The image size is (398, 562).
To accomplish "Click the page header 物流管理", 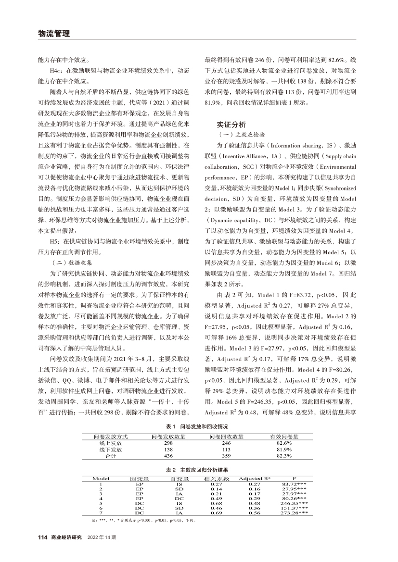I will pyautogui.click(x=54, y=34).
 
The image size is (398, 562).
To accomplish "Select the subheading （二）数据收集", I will pyautogui.click(x=73, y=263).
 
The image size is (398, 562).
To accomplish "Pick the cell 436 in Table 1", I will pyautogui.click(x=168, y=456).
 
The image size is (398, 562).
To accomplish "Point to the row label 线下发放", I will pyautogui.click(x=109, y=449).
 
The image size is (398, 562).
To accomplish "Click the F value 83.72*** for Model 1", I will pyautogui.click(x=295, y=484).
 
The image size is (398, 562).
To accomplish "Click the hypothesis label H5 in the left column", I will pyautogui.click(x=54, y=241).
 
